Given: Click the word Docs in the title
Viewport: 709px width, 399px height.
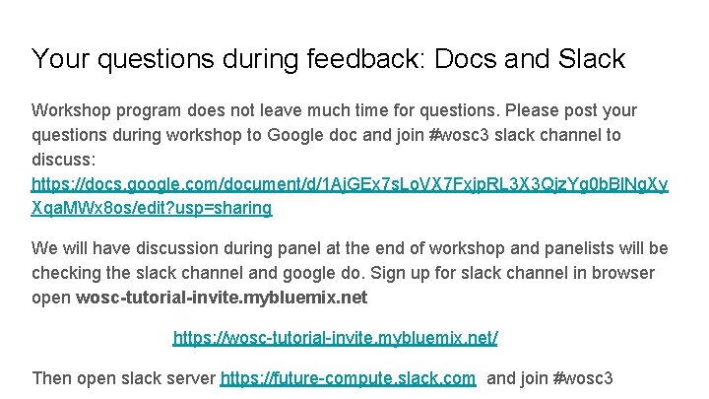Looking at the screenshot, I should pyautogui.click(x=474, y=59).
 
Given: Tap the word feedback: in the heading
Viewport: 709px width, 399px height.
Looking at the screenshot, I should pyautogui.click(x=387, y=59).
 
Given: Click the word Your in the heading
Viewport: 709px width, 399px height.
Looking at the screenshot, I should pyautogui.click(x=62, y=59).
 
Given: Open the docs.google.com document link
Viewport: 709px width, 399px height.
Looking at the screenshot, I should pyautogui.click(x=350, y=184).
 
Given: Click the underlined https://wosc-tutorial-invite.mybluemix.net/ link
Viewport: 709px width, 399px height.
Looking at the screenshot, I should pyautogui.click(x=335, y=338).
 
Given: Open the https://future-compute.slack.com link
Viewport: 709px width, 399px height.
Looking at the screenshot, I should pyautogui.click(x=348, y=377).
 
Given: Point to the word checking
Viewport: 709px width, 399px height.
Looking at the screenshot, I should pyautogui.click(x=65, y=273).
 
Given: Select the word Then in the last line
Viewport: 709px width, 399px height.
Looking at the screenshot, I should pyautogui.click(x=52, y=377).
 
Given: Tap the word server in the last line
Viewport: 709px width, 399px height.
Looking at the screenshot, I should pyautogui.click(x=190, y=377).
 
